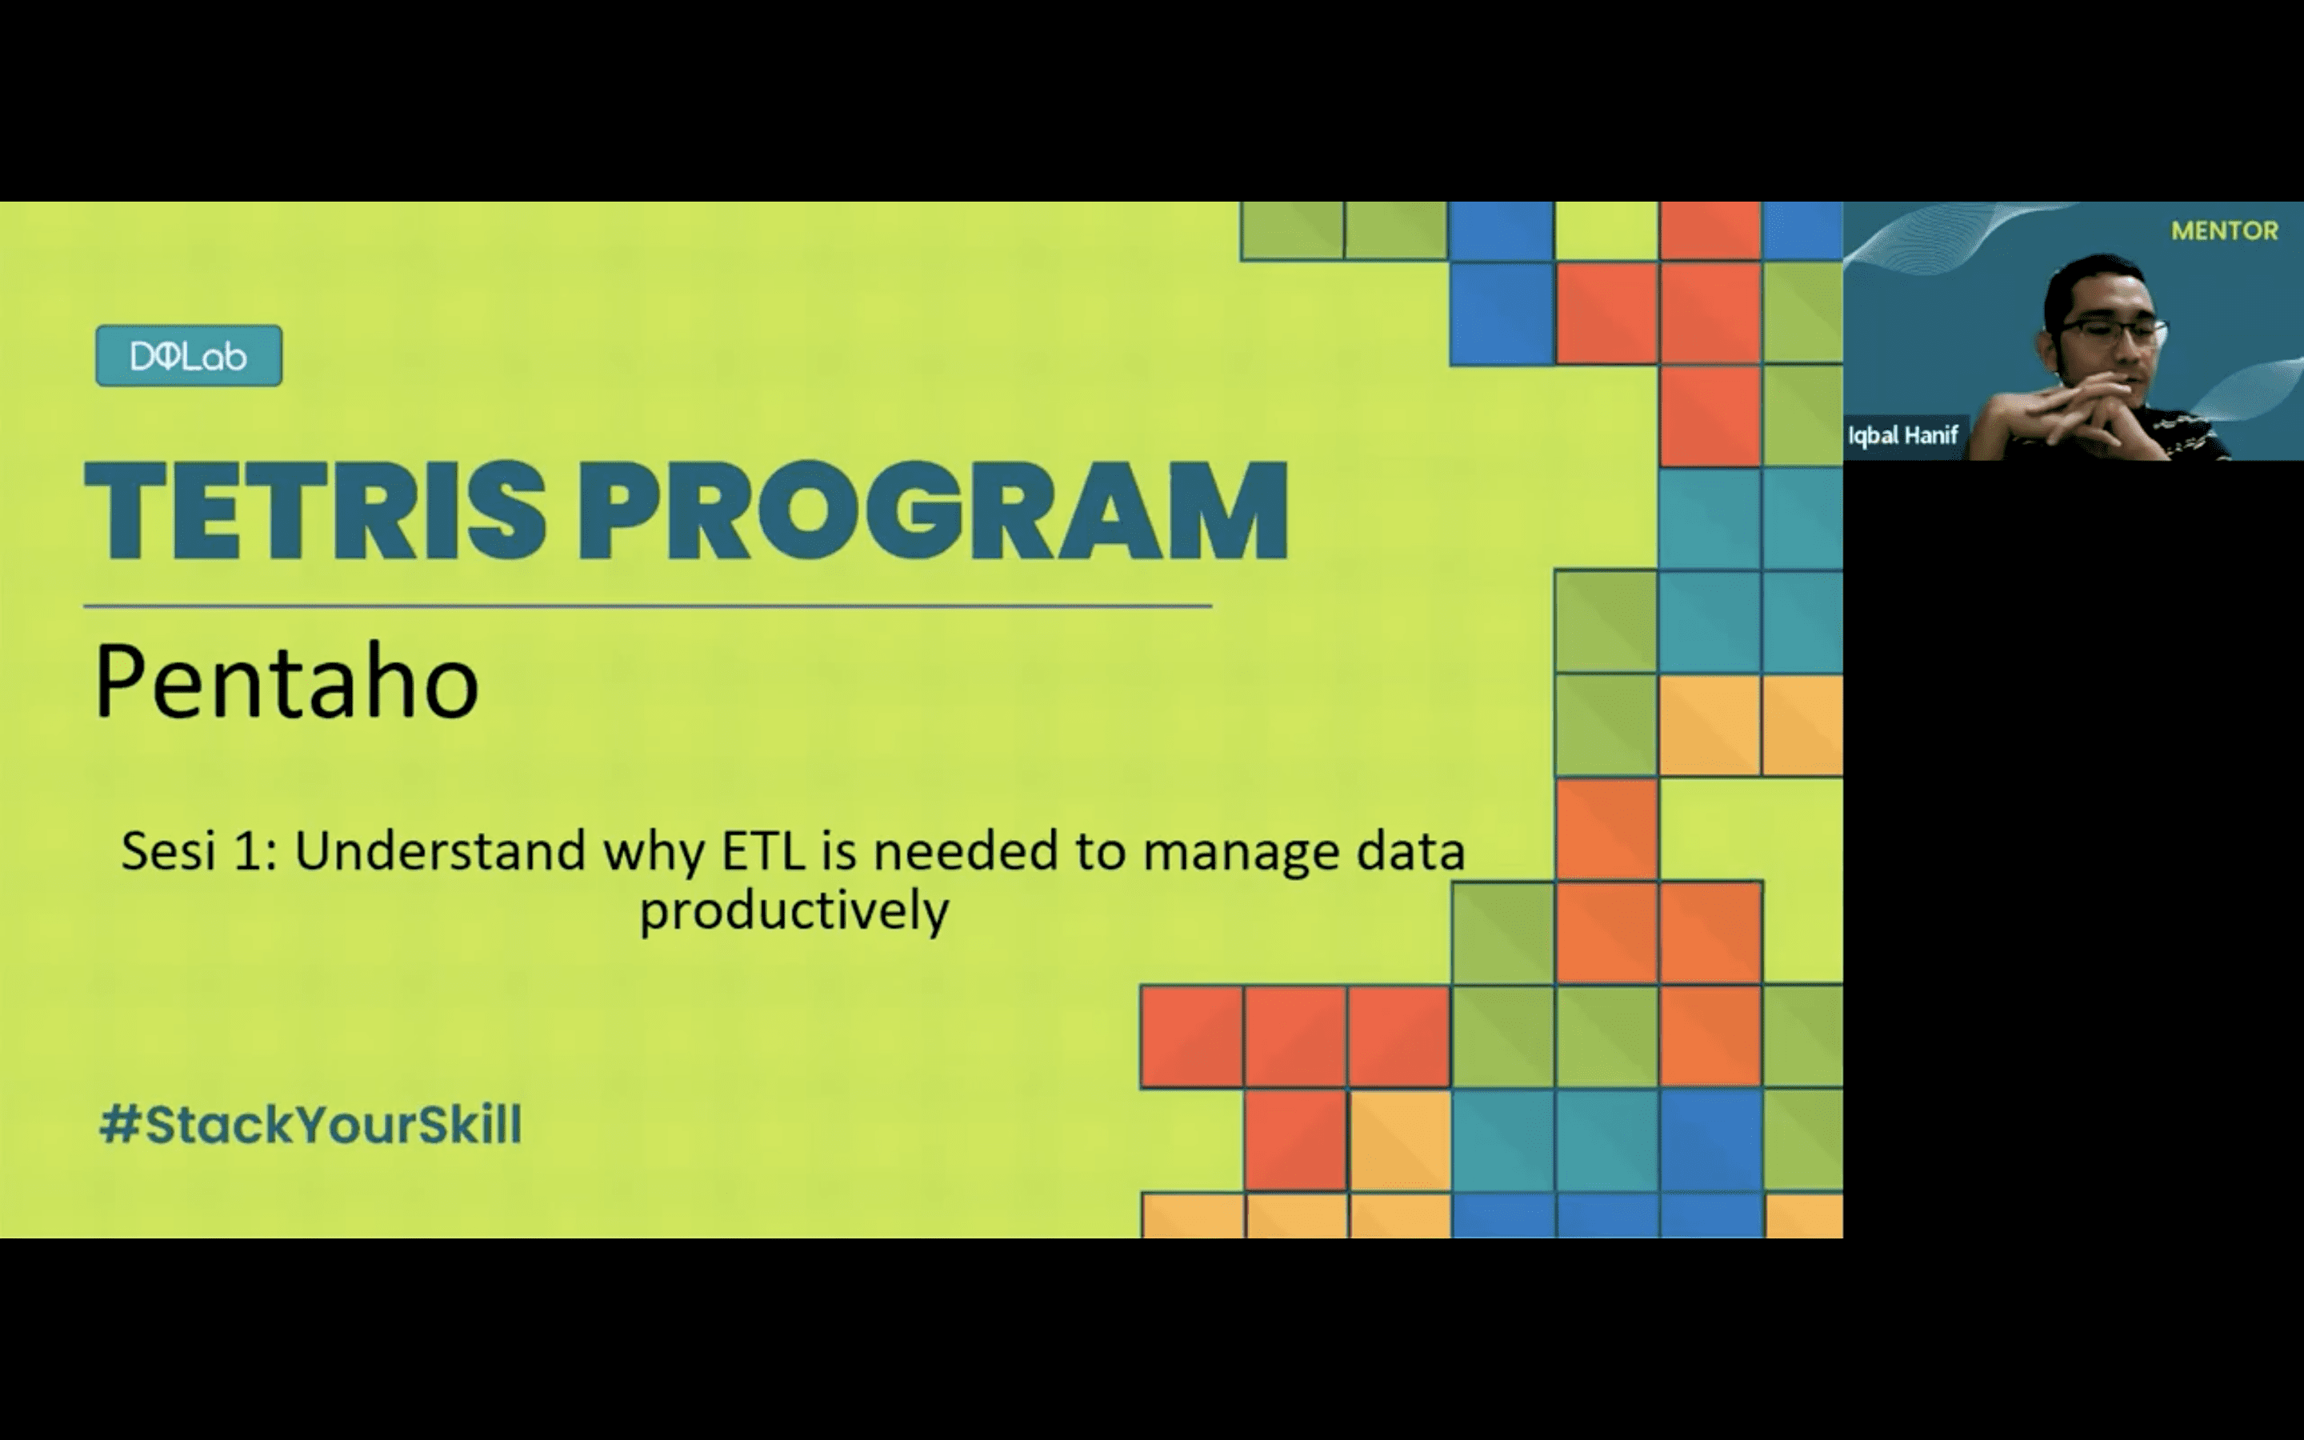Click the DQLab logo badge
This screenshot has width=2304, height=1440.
pos(189,355)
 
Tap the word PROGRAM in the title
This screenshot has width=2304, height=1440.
pos(933,511)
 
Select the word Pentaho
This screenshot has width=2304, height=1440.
pos(286,681)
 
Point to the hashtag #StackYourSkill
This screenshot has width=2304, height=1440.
pos(310,1124)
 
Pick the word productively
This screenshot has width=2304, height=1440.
pos(794,912)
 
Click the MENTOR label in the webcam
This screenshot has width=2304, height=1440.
pos(2224,230)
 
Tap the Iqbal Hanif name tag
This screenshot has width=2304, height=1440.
pos(1902,435)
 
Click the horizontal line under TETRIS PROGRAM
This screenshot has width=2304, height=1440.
pos(647,605)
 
